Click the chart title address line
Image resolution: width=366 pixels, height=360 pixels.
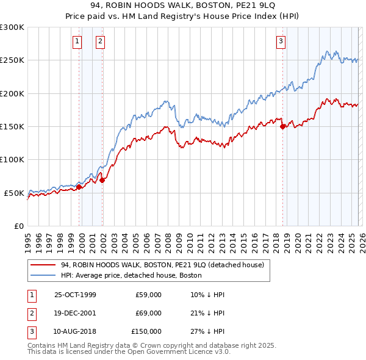pyautogui.click(x=182, y=6)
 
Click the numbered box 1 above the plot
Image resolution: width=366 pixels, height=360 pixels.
pyautogui.click(x=77, y=41)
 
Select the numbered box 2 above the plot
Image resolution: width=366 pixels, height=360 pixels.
pyautogui.click(x=100, y=41)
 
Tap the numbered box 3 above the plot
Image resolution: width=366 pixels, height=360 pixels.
pyautogui.click(x=281, y=41)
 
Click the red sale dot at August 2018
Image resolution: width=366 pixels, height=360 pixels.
pyautogui.click(x=283, y=127)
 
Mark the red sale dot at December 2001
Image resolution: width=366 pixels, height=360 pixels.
pyautogui.click(x=102, y=180)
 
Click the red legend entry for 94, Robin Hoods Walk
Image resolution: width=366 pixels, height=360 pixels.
pyautogui.click(x=162, y=265)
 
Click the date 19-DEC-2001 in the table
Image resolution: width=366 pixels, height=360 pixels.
pyautogui.click(x=75, y=313)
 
